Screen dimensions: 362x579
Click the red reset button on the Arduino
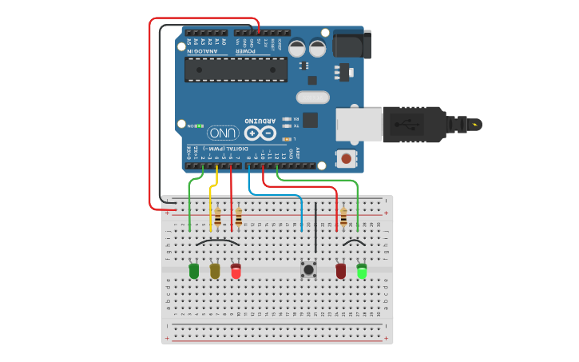347,159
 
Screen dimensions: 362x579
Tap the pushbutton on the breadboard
308,270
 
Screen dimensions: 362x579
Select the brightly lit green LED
362,272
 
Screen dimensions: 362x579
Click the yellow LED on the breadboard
215,271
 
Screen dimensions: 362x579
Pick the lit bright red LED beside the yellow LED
236,271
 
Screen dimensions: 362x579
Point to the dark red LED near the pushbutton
341,272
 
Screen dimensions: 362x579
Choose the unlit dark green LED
194,271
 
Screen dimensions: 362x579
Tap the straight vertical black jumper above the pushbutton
315,228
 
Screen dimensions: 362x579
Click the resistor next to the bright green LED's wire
344,217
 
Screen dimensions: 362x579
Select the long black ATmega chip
236,70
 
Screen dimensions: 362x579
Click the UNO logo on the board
224,133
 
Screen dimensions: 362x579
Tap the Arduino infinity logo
260,133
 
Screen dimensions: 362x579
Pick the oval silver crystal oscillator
312,97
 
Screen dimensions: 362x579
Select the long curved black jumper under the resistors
217,241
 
